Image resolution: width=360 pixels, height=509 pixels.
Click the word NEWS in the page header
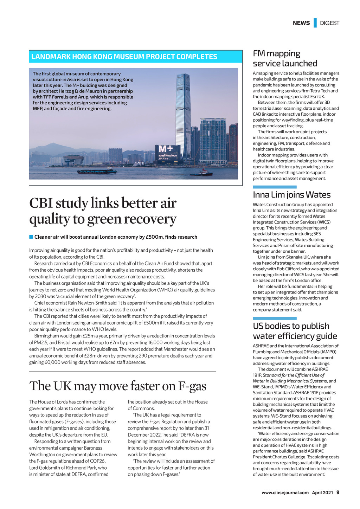(x=301, y=23)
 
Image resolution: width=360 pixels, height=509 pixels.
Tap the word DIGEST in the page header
(x=329, y=23)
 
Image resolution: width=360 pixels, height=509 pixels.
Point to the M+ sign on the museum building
(x=165, y=149)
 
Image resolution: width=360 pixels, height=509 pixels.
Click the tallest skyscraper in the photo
(x=182, y=112)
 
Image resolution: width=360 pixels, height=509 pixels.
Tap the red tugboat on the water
(x=204, y=173)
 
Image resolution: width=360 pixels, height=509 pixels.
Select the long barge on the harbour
(x=97, y=172)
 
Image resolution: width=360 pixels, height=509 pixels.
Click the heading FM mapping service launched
(x=285, y=58)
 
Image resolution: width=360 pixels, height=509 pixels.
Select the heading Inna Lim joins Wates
(x=291, y=195)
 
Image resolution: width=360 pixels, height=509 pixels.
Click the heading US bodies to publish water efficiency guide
(x=295, y=331)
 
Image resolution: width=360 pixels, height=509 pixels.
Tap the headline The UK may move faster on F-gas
(x=118, y=386)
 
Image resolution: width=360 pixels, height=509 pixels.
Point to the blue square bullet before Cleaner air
(x=31, y=237)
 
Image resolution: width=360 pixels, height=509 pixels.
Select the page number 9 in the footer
(x=338, y=492)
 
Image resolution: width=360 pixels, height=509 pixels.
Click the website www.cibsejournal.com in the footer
(x=285, y=493)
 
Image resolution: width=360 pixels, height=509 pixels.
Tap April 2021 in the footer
(x=322, y=493)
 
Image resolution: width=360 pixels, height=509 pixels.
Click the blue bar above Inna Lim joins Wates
(x=275, y=187)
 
